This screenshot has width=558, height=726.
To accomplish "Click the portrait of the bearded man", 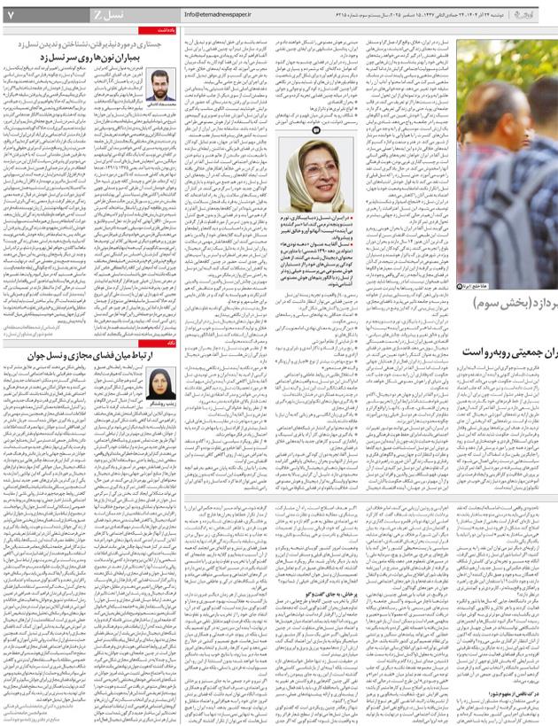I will click(x=164, y=84).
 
